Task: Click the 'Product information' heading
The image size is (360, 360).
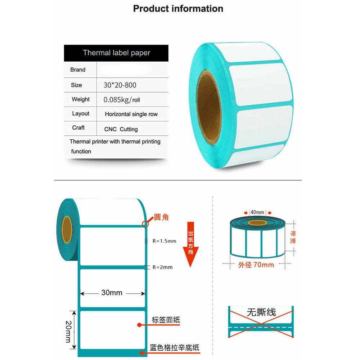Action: tap(178, 9)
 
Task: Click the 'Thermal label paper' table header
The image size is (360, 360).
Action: tap(116, 53)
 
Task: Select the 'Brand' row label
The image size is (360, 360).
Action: tap(78, 70)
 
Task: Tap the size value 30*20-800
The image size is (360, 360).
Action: tap(120, 85)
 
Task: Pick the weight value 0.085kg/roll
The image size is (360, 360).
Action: tap(122, 100)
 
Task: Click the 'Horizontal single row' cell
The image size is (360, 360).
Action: tap(131, 114)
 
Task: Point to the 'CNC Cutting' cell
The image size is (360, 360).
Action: tap(121, 129)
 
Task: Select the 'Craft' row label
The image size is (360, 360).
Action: tap(78, 128)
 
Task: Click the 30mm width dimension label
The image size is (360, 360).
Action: tap(112, 293)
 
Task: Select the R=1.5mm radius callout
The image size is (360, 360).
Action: tap(164, 241)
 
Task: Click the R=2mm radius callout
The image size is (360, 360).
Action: tap(162, 267)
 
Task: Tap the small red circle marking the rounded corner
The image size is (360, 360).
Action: tap(145, 224)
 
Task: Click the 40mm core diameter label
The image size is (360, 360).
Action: tap(257, 212)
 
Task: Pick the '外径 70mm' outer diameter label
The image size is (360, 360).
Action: tap(256, 265)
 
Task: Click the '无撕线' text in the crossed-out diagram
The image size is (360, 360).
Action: tap(261, 312)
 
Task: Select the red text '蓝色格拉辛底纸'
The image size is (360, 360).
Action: tap(174, 348)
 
